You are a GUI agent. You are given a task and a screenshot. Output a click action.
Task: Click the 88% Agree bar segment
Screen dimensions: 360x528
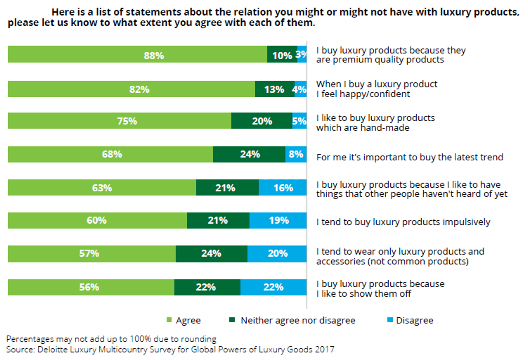pyautogui.click(x=137, y=54)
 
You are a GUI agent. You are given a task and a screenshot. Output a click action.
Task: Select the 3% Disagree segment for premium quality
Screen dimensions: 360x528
pyautogui.click(x=302, y=54)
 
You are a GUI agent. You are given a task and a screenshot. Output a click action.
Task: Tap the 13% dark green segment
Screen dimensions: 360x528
pyautogui.click(x=275, y=89)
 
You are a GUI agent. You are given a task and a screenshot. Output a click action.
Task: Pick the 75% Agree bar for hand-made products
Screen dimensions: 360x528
pyautogui.click(x=119, y=121)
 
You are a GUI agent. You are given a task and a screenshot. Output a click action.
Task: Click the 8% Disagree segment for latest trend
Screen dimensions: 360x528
pyautogui.click(x=296, y=154)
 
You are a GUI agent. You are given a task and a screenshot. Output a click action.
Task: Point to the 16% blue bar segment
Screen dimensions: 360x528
pyautogui.click(x=283, y=188)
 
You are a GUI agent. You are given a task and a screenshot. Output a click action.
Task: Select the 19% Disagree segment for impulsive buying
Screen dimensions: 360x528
pyautogui.click(x=278, y=220)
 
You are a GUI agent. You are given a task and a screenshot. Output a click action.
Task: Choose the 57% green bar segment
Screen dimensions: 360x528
pyautogui.click(x=91, y=254)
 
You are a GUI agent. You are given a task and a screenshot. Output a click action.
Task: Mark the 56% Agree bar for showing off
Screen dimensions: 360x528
pyautogui.click(x=91, y=287)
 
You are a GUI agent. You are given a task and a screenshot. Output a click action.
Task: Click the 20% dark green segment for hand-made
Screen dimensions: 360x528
pyautogui.click(x=262, y=121)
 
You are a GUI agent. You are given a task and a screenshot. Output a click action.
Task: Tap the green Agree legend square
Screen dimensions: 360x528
pyautogui.click(x=169, y=320)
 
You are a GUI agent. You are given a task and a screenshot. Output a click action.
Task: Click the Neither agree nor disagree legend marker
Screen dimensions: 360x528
pyautogui.click(x=232, y=320)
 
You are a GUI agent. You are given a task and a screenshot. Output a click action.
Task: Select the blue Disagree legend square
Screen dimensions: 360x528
pyautogui.click(x=390, y=320)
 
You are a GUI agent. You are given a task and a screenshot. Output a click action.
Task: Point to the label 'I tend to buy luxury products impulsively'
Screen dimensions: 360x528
pyautogui.click(x=403, y=222)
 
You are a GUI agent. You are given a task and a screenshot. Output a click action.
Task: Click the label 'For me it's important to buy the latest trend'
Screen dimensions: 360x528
pyautogui.click(x=409, y=157)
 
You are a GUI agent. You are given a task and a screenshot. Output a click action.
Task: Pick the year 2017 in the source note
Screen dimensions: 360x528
pyautogui.click(x=324, y=349)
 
